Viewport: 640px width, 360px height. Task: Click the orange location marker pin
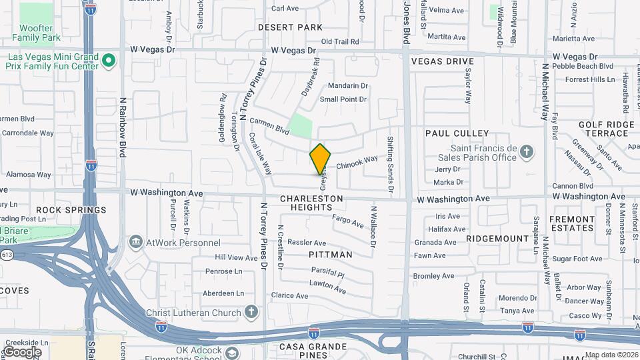point(321,159)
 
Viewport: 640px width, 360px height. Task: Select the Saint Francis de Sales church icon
point(527,152)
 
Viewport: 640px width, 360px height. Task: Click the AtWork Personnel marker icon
point(136,241)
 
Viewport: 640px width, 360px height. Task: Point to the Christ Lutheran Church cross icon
point(251,311)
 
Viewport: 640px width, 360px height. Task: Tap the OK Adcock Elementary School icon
point(232,353)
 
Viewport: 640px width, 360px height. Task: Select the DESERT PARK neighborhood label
point(290,27)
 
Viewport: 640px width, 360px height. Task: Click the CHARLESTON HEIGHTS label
point(311,203)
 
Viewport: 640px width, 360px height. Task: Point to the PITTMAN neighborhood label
point(331,255)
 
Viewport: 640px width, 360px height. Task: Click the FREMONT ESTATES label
point(571,223)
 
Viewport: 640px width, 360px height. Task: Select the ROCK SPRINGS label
point(71,210)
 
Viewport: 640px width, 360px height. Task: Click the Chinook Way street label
point(357,162)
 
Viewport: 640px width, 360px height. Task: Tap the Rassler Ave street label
point(307,243)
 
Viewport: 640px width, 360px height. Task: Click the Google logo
point(22,351)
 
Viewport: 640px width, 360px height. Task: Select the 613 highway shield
point(7,255)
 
